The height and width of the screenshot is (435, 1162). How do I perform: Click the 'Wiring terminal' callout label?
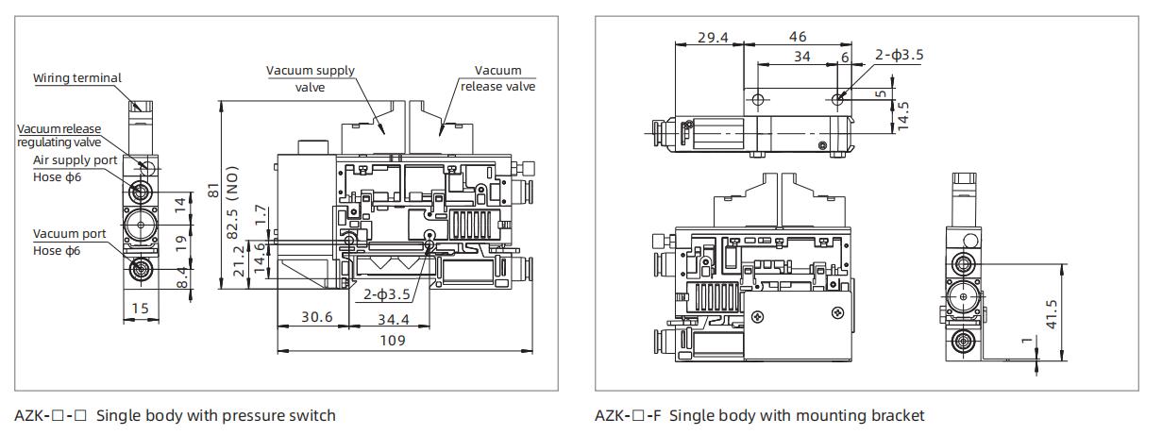77,78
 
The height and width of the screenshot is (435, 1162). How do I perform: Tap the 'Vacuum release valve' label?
497,78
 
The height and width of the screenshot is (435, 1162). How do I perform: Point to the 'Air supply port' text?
76,160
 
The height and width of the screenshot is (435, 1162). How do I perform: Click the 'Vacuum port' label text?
69,234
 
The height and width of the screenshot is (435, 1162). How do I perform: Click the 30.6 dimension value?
316,318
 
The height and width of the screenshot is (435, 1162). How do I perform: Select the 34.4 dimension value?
395,320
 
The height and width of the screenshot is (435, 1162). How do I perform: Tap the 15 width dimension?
139,309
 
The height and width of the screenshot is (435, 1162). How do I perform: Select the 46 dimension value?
797,36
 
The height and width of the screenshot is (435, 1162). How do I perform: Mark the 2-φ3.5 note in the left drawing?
387,293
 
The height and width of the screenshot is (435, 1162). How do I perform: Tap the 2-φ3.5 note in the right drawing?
899,55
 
